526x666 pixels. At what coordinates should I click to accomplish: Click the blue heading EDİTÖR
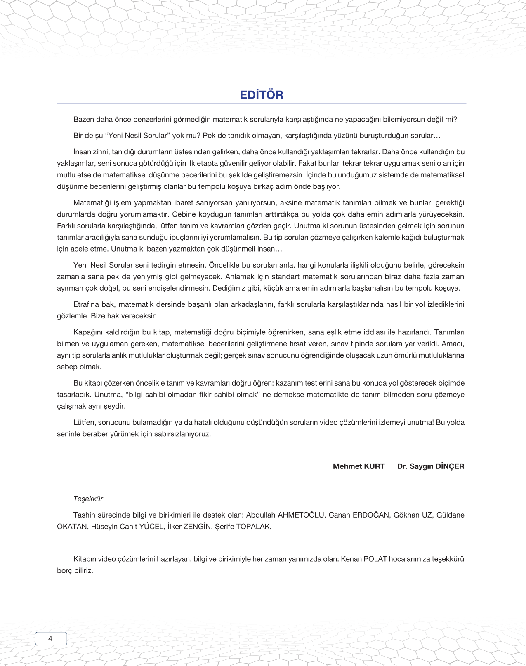(262, 95)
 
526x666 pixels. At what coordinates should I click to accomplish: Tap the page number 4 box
(51, 638)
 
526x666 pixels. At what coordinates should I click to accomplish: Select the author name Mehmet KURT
(359, 466)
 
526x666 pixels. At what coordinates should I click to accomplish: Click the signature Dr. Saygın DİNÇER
(430, 466)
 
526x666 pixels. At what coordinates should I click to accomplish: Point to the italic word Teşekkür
(88, 499)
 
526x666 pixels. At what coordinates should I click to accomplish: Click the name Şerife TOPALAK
(243, 527)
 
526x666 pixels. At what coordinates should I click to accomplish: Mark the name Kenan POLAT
(364, 559)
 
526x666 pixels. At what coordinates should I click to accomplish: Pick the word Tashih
(84, 515)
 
